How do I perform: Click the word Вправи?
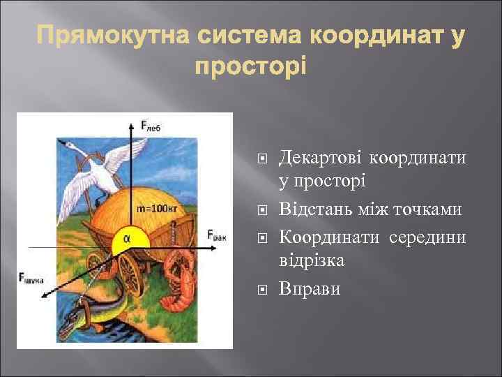click(x=310, y=288)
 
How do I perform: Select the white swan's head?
click(x=68, y=145)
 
